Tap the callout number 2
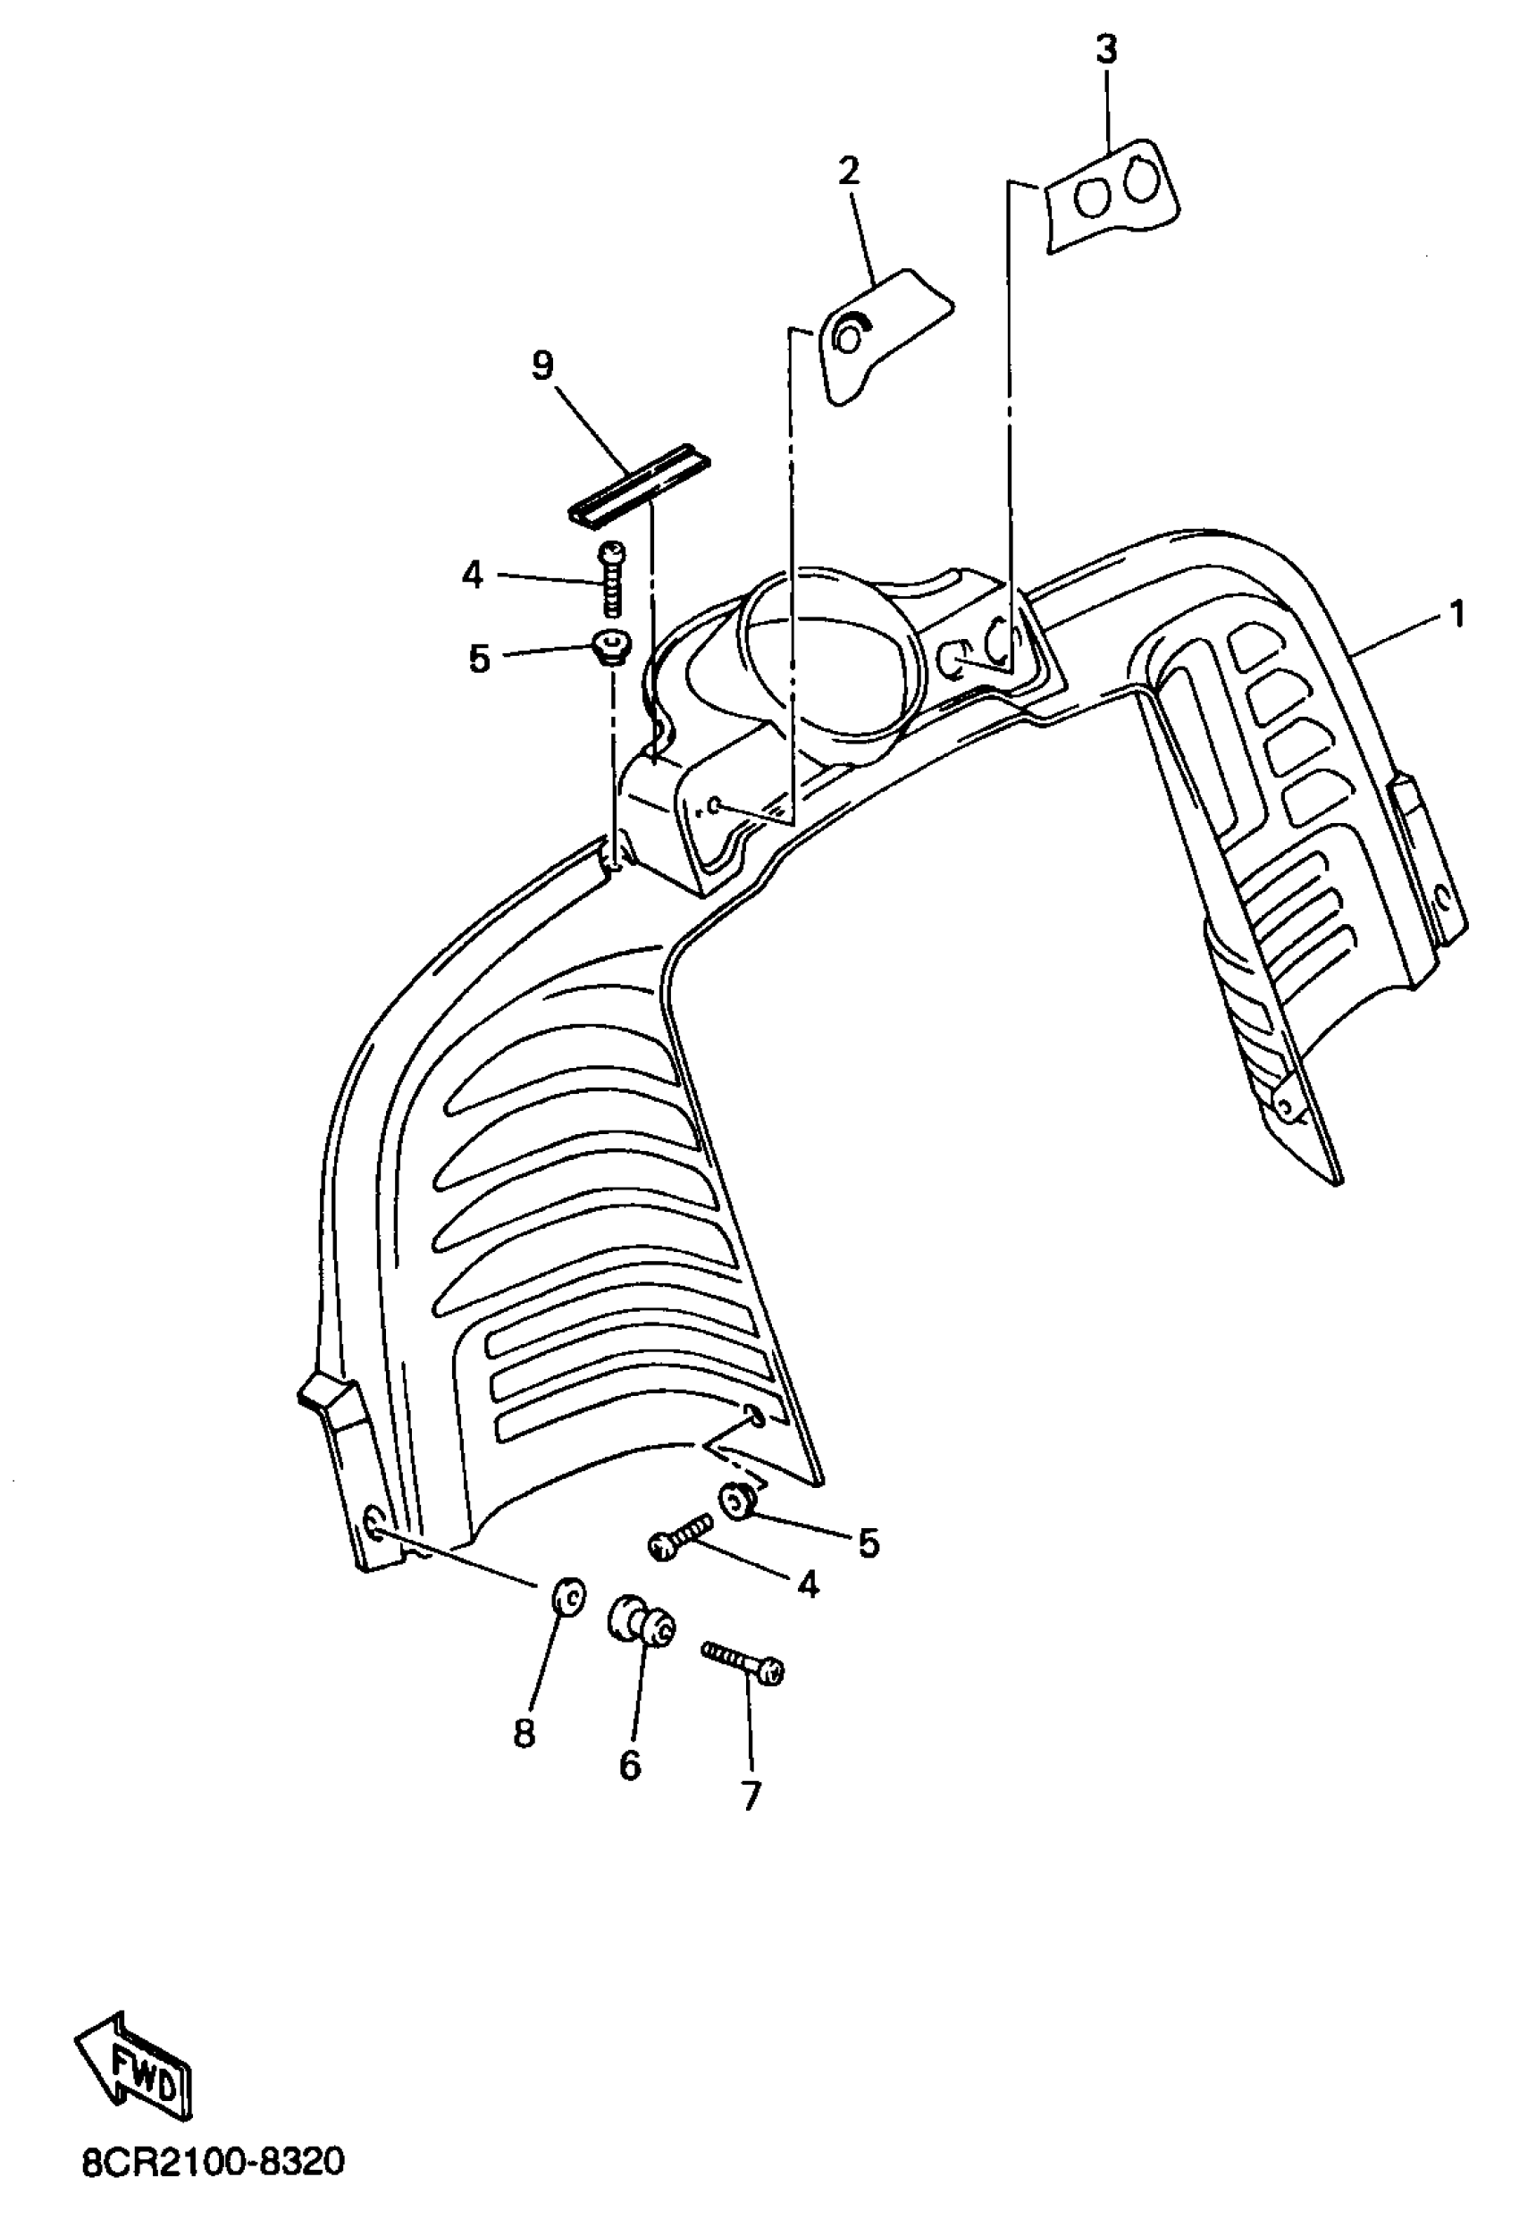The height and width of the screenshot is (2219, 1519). pos(848,172)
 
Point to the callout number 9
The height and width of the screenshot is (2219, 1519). pos(542,366)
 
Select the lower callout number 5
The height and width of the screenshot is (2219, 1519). pos(868,1542)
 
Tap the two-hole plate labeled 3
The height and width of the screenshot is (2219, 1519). pos(1112,197)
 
